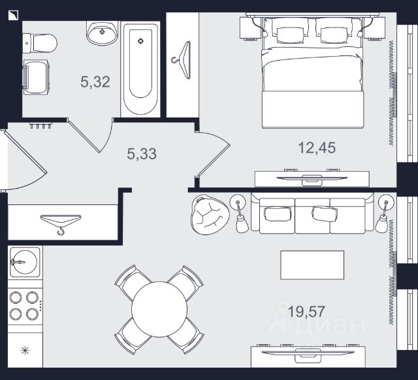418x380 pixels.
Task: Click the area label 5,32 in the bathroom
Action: (x=95, y=82)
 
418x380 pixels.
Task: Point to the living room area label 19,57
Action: (x=306, y=309)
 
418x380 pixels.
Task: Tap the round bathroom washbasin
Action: (x=101, y=33)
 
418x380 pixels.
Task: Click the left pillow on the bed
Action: (x=288, y=32)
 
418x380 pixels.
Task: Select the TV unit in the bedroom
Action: (x=312, y=177)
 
